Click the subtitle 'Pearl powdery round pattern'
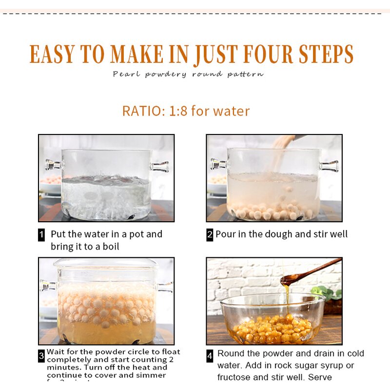[188, 75]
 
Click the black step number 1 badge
[41, 234]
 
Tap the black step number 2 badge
[210, 234]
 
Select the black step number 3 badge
[41, 356]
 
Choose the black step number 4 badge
[210, 356]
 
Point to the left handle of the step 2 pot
[217, 164]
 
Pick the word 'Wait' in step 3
[55, 351]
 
